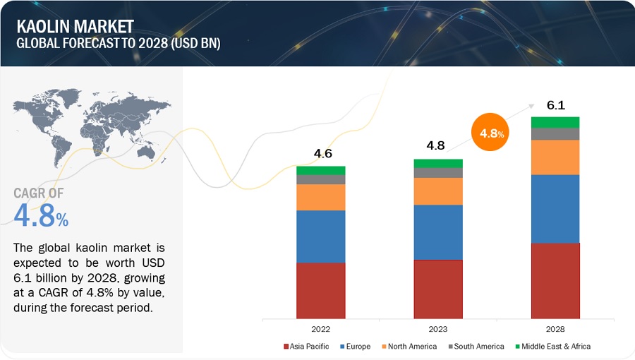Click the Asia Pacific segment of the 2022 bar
321,290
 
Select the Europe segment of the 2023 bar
438,232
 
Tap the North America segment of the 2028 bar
555,157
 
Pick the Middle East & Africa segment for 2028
555,122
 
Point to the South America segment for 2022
321,179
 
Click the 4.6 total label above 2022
321,154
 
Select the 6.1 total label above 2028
556,105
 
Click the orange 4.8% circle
490,132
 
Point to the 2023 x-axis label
438,329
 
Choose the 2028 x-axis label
555,329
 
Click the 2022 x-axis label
321,329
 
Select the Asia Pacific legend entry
309,347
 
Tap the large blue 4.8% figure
41,217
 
